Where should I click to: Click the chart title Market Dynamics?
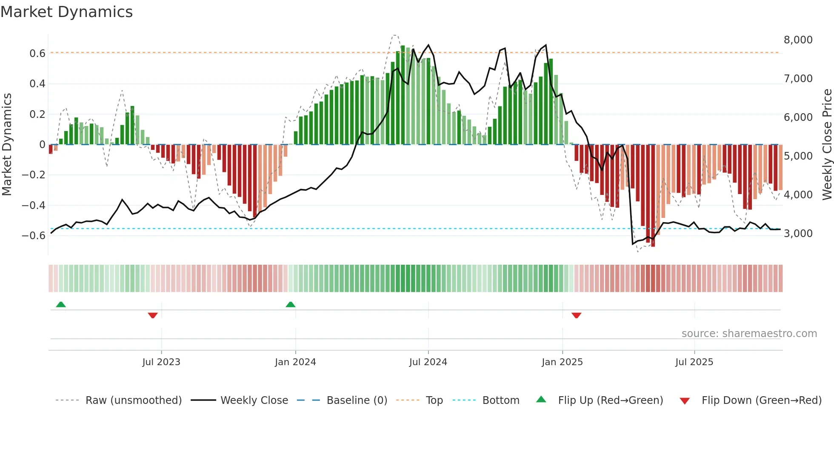[67, 12]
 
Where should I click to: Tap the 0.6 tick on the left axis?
[37, 54]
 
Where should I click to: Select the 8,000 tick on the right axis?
[798, 40]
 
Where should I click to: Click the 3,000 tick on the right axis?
[798, 234]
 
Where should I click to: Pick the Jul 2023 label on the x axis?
[161, 362]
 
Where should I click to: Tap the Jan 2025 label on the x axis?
[562, 362]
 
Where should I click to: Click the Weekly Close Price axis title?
[827, 145]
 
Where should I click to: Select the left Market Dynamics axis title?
[7, 145]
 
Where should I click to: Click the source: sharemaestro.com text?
[749, 334]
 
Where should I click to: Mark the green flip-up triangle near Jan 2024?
[291, 305]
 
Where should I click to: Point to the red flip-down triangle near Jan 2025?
[577, 315]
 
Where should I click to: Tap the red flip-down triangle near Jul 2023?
[153, 315]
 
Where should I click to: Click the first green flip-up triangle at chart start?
[61, 305]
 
